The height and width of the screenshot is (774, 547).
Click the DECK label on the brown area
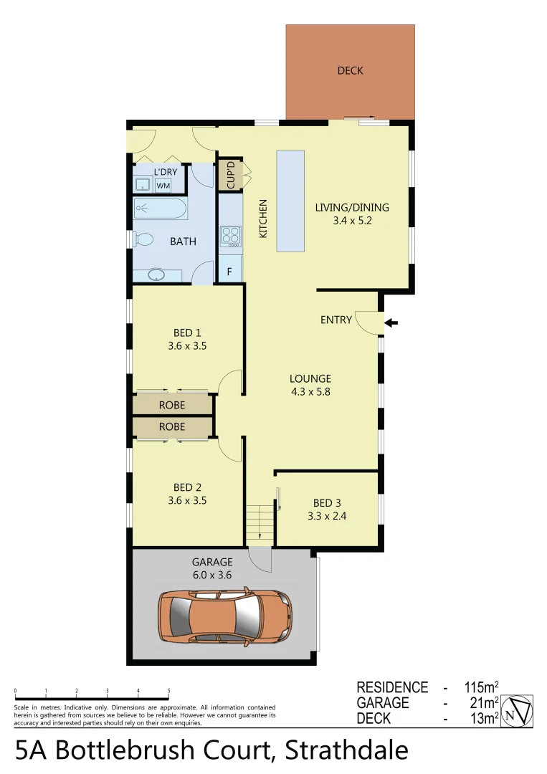click(350, 70)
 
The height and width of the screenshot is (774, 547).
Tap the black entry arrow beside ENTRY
click(391, 323)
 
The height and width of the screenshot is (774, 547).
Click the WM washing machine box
click(163, 186)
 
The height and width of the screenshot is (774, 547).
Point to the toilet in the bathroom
click(143, 239)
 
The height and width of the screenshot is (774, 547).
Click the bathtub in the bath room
click(160, 210)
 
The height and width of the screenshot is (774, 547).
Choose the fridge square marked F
click(229, 272)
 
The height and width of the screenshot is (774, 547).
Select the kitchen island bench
click(290, 201)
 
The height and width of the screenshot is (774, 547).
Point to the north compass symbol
click(518, 712)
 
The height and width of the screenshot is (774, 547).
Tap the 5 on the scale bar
click(169, 691)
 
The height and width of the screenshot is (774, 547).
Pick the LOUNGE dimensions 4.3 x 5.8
click(310, 391)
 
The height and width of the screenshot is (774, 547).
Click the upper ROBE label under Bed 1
click(172, 405)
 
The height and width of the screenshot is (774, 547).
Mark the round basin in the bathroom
click(154, 274)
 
